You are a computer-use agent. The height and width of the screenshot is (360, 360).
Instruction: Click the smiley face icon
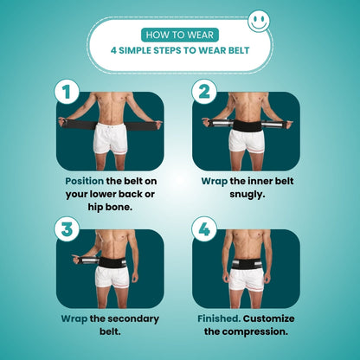coord(259,21)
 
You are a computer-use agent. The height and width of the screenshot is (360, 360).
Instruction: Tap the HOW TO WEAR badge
coord(180,35)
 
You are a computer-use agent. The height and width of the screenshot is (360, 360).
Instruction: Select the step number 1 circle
coord(67,92)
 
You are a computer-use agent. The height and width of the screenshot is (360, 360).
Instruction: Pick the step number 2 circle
coord(204,92)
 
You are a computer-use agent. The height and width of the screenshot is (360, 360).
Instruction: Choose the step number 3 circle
coord(67,229)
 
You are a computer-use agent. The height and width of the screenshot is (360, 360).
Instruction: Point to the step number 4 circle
coord(204,229)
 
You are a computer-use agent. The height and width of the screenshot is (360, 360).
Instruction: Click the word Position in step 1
coord(84,181)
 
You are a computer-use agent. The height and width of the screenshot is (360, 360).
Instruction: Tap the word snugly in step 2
coord(247,195)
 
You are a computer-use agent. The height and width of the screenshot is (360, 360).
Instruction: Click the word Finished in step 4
coord(219,318)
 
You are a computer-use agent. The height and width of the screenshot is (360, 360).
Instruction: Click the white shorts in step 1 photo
coord(111,138)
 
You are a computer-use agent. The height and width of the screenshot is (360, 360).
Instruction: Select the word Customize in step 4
coord(268,318)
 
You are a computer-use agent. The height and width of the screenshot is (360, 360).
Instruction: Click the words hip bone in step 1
coord(110,207)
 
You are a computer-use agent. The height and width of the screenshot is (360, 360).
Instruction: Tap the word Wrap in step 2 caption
coord(214,182)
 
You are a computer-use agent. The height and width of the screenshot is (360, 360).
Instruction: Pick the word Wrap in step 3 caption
coord(74,319)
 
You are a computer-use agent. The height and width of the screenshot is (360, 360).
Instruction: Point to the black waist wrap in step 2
coord(247,125)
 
